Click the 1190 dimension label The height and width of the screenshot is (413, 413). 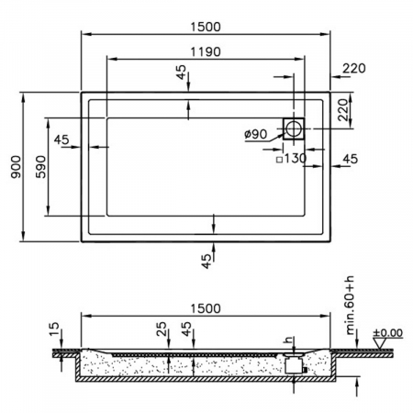[206, 51]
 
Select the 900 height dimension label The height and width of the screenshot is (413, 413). [16, 167]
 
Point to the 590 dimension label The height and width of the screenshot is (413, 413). [40, 167]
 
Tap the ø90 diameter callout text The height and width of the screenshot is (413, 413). [256, 134]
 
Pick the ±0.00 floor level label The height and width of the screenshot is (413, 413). [388, 332]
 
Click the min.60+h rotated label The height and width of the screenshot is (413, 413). [350, 306]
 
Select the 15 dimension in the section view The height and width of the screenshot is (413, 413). [54, 329]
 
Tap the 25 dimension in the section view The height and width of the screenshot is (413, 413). [162, 329]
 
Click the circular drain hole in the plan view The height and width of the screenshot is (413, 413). [294, 128]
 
